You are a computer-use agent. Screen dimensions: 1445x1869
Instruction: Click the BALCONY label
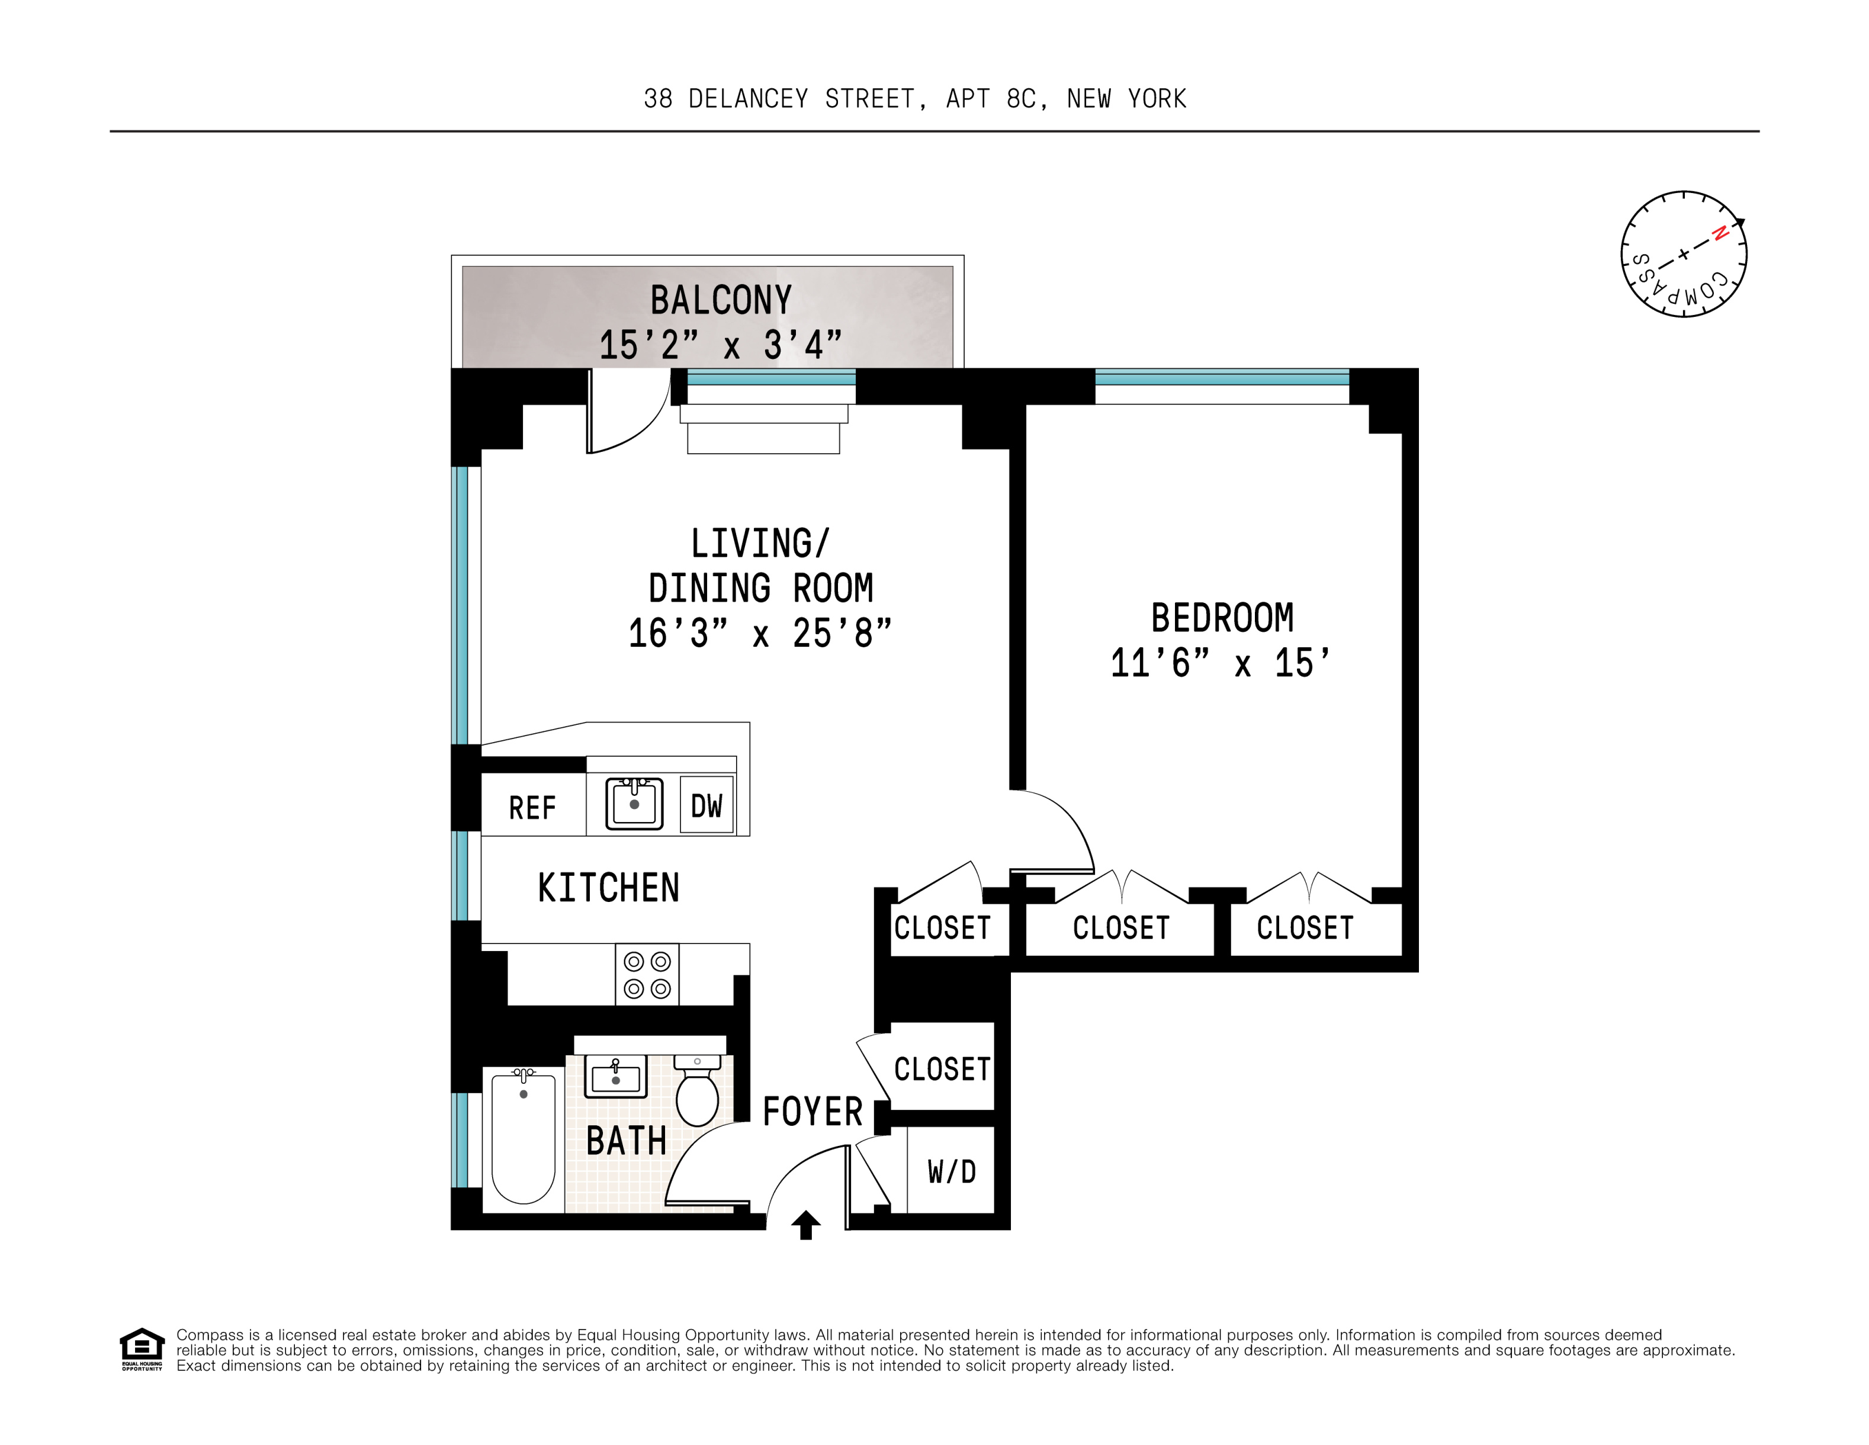click(x=721, y=300)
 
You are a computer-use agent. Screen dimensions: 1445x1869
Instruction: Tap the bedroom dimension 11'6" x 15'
click(x=1221, y=663)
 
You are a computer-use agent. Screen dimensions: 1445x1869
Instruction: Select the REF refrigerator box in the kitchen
click(x=532, y=807)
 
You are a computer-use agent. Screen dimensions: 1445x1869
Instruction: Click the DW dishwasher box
click(x=706, y=805)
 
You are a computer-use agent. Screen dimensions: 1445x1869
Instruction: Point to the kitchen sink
click(x=634, y=804)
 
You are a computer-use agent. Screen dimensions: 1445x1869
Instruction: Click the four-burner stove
click(x=647, y=974)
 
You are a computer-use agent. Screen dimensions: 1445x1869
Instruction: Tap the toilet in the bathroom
click(x=698, y=1093)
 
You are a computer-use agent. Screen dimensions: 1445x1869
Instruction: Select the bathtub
click(x=523, y=1137)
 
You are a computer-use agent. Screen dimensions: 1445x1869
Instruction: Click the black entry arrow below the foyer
click(x=805, y=1225)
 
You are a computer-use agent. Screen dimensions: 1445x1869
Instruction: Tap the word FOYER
click(x=812, y=1112)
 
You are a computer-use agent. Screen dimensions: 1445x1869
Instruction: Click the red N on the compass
click(x=1719, y=233)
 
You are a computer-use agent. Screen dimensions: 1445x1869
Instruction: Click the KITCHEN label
click(x=608, y=888)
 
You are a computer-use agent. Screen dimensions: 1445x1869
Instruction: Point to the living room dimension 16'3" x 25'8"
click(x=760, y=634)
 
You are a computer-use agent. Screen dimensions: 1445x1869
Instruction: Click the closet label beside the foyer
click(x=942, y=1068)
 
